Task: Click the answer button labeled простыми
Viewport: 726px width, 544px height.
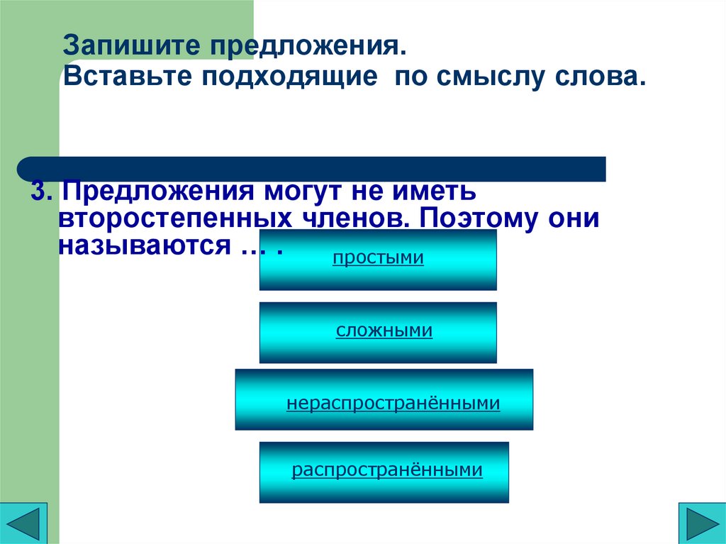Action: [378, 260]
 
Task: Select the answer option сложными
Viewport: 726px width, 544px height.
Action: [378, 332]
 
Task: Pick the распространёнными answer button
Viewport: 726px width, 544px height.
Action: [384, 472]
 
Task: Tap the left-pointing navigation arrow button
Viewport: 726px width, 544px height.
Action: [23, 523]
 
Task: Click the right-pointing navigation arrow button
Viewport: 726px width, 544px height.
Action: [701, 523]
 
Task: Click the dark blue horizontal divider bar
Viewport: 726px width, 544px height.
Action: [312, 169]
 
